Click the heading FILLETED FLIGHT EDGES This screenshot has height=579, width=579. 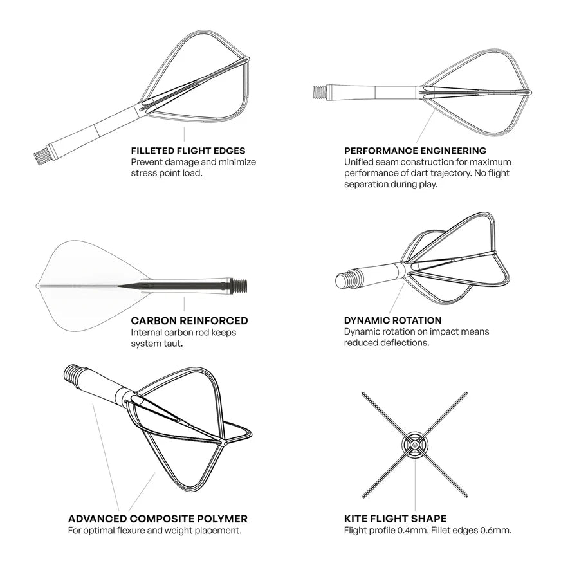tap(188, 151)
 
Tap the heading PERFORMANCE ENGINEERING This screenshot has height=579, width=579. tap(406, 151)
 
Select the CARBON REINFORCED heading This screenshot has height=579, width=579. tap(189, 320)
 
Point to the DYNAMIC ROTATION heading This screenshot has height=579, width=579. tap(392, 320)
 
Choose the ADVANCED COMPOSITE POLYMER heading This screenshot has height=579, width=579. tap(158, 519)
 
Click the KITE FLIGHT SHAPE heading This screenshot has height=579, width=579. tap(395, 519)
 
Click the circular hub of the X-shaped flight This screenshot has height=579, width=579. tap(415, 444)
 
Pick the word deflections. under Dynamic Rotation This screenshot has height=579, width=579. tap(405, 343)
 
